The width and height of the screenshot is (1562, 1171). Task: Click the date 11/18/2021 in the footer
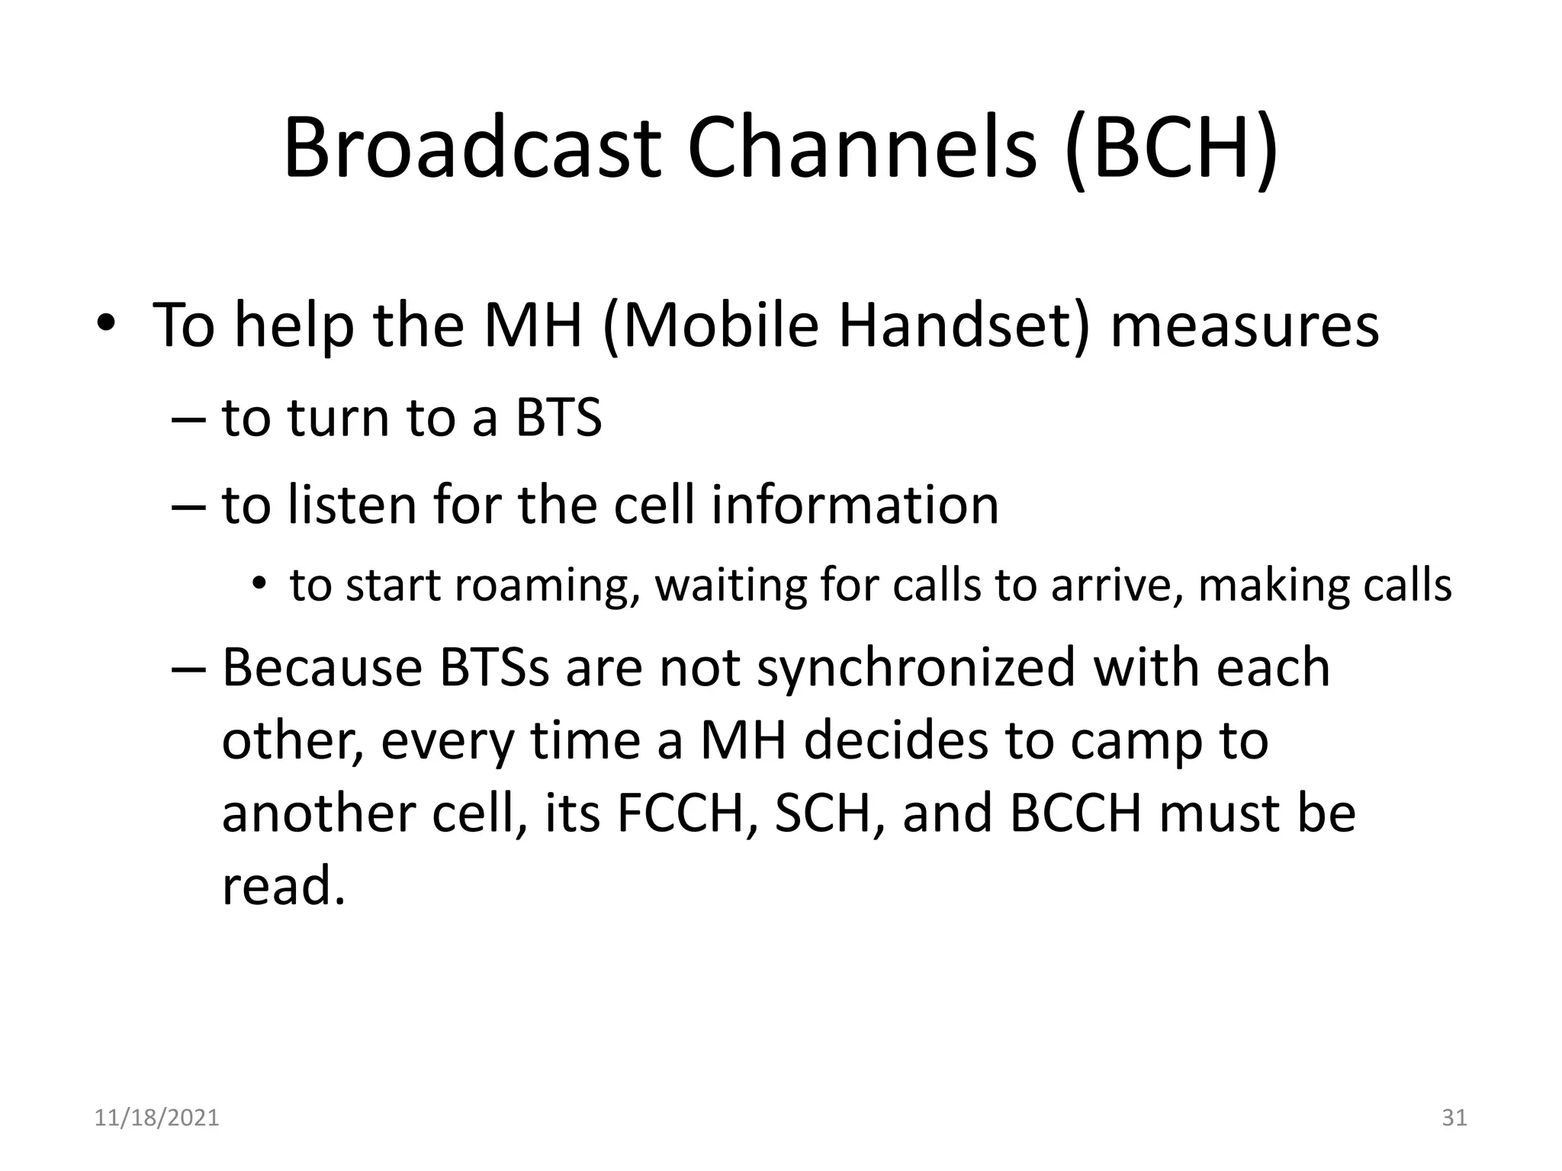point(156,1118)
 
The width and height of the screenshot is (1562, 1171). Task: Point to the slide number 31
point(1454,1118)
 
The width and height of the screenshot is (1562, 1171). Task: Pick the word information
point(854,505)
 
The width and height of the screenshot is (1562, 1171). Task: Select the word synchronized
point(915,667)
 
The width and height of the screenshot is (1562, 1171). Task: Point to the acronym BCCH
point(1075,813)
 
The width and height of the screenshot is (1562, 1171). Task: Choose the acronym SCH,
point(830,813)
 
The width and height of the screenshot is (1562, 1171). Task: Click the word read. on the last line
point(284,886)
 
